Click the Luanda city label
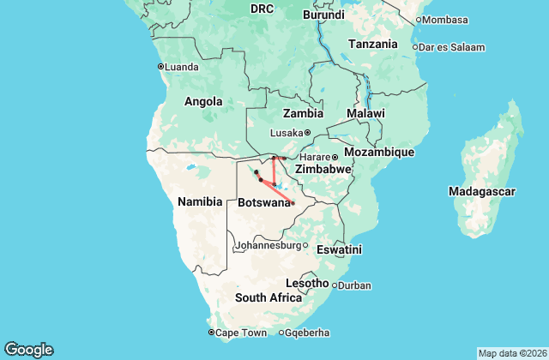pyautogui.click(x=183, y=66)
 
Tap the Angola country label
pyautogui.click(x=204, y=101)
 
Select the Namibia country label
pyautogui.click(x=200, y=201)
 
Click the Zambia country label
pyautogui.click(x=304, y=112)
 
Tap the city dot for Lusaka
pyautogui.click(x=307, y=133)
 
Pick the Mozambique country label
pyautogui.click(x=378, y=152)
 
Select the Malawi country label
pyautogui.click(x=365, y=113)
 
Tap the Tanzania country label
pyautogui.click(x=373, y=44)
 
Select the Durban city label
pyautogui.click(x=354, y=285)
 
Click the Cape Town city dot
pyautogui.click(x=212, y=333)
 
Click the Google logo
pyautogui.click(x=28, y=349)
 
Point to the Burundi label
pyautogui.click(x=323, y=14)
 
